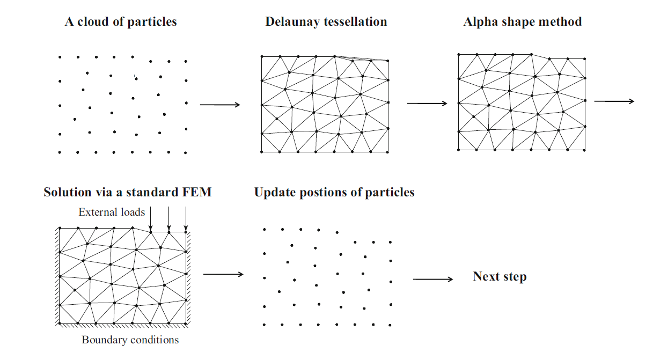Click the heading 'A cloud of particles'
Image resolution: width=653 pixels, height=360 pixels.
pos(121,22)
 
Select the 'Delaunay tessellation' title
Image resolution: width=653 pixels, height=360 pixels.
pos(326,22)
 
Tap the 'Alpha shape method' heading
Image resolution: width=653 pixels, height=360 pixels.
pos(522,22)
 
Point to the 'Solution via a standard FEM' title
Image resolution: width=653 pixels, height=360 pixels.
pos(127,192)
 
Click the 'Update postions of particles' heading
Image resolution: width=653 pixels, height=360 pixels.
pos(334,192)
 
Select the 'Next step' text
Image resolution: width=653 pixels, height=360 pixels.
pos(499,277)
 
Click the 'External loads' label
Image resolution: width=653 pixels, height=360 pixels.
pos(112,212)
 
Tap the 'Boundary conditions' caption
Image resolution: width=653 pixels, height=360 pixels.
pos(130,340)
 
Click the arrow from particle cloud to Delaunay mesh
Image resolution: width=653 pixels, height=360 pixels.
pos(220,105)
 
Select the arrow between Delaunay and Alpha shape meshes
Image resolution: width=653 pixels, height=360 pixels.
pos(427,103)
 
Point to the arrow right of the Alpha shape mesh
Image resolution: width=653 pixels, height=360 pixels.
pos(614,101)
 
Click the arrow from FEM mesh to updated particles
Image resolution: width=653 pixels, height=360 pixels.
pos(223,275)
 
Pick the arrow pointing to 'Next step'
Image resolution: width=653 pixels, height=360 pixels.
pos(433,279)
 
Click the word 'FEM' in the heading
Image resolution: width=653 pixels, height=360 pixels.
pos(195,192)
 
